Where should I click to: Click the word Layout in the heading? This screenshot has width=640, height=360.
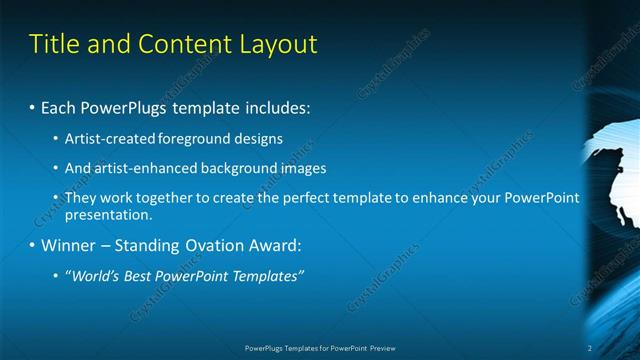283,44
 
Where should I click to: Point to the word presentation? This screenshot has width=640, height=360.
108,214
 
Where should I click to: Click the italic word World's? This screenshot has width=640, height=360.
91,275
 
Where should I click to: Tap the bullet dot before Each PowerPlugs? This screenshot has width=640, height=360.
32,106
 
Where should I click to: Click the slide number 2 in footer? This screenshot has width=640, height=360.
589,348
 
